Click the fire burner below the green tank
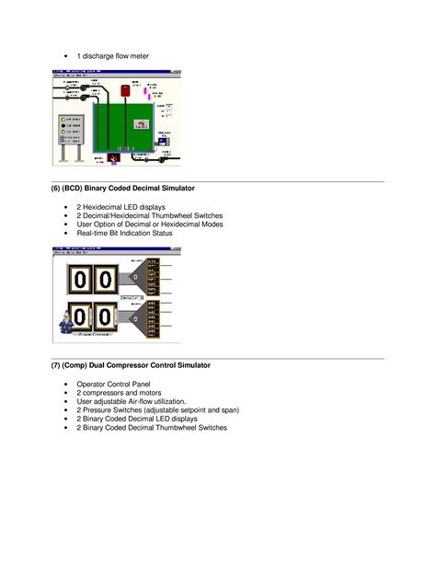[114, 158]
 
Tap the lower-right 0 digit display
[106, 318]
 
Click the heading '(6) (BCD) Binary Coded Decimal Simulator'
[122, 188]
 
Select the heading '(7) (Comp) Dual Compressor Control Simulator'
[131, 365]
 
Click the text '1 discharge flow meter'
[112, 56]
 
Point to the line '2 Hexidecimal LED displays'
[120, 207]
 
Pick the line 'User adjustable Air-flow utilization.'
[131, 401]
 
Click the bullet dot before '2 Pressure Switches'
[66, 410]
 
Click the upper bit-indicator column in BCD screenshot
[155, 276]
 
